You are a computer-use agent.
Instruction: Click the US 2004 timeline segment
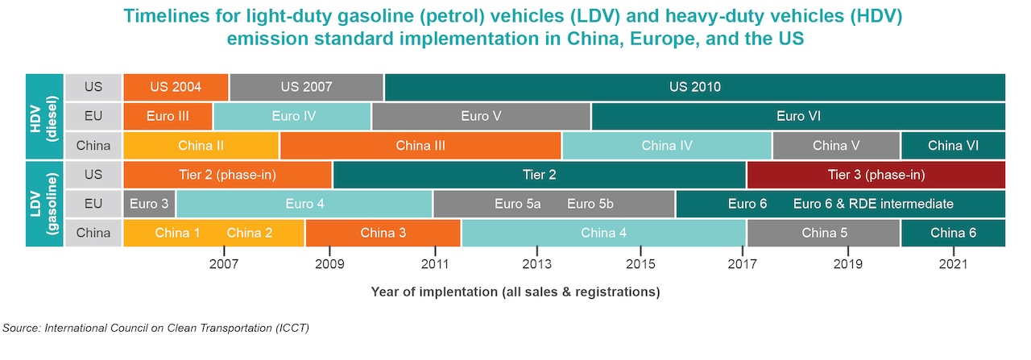click(x=175, y=87)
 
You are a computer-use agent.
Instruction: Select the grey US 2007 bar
click(x=306, y=87)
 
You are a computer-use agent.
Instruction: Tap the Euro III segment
click(x=168, y=116)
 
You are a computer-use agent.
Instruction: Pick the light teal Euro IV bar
click(x=292, y=116)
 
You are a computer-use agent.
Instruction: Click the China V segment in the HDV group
click(x=835, y=146)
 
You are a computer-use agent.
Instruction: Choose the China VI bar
click(x=953, y=146)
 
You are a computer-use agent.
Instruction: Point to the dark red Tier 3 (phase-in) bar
click(x=876, y=175)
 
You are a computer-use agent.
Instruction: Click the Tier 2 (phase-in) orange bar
click(x=227, y=175)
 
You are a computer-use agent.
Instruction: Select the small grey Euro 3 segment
click(x=149, y=204)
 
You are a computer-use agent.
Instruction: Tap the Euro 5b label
click(x=590, y=204)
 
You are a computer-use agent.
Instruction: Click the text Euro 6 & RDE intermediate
click(x=873, y=204)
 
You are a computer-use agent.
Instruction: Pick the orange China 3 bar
click(x=383, y=233)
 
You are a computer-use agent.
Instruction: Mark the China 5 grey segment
click(x=823, y=233)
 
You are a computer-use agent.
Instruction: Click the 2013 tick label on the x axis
click(x=536, y=263)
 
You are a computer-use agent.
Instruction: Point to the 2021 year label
click(x=954, y=263)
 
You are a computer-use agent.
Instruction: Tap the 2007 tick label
click(x=223, y=263)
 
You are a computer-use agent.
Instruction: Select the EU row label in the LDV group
click(x=93, y=204)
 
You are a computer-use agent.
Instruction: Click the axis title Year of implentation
click(x=515, y=292)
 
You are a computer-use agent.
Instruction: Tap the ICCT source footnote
click(x=156, y=328)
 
